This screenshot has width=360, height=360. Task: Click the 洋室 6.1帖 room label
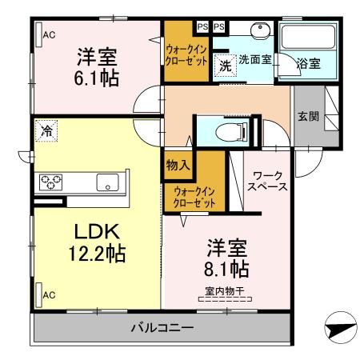coord(97,67)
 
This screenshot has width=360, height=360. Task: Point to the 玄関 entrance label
coord(310,116)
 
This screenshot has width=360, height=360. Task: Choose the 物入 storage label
coord(178,166)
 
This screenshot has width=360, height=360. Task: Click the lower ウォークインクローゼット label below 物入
coord(194,197)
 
